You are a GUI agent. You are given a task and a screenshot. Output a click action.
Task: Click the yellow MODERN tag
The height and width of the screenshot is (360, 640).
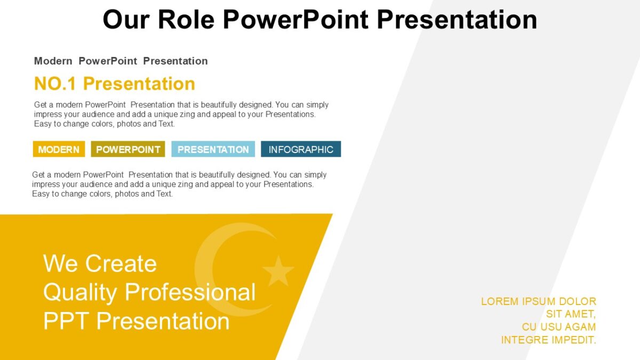pos(59,149)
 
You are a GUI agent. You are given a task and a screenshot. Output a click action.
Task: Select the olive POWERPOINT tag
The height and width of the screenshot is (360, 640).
pos(128,149)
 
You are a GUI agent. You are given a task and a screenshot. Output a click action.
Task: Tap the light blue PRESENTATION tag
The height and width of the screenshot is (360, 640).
pos(213,149)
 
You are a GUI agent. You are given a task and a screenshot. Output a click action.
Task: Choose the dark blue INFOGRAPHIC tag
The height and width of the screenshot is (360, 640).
pos(301,149)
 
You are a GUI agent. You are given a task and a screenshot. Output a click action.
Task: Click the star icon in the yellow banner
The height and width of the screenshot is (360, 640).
pos(278,270)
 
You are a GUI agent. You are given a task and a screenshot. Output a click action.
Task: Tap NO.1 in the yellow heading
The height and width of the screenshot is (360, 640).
pos(55,84)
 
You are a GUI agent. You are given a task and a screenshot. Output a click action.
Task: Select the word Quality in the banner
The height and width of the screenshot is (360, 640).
pos(80,292)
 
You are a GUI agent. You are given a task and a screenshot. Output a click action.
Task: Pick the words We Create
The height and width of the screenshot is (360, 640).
pos(100,263)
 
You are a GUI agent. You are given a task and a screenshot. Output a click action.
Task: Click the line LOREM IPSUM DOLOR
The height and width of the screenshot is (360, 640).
pos(538,301)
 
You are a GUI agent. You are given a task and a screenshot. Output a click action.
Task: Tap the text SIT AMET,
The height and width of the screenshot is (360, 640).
pos(571,314)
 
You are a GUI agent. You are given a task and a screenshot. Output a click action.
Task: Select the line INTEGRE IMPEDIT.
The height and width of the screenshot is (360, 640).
pos(548,340)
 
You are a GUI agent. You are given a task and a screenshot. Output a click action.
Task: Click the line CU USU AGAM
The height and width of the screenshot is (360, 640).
pos(558,327)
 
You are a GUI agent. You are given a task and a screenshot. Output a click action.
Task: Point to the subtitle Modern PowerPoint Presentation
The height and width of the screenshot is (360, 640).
pos(121,61)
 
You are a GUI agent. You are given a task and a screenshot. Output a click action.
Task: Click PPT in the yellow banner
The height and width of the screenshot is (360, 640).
pos(66,321)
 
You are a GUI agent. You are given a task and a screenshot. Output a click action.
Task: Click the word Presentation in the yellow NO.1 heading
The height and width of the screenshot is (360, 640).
pos(139,84)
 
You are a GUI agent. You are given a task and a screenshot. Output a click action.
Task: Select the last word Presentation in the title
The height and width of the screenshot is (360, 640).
pos(457,20)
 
